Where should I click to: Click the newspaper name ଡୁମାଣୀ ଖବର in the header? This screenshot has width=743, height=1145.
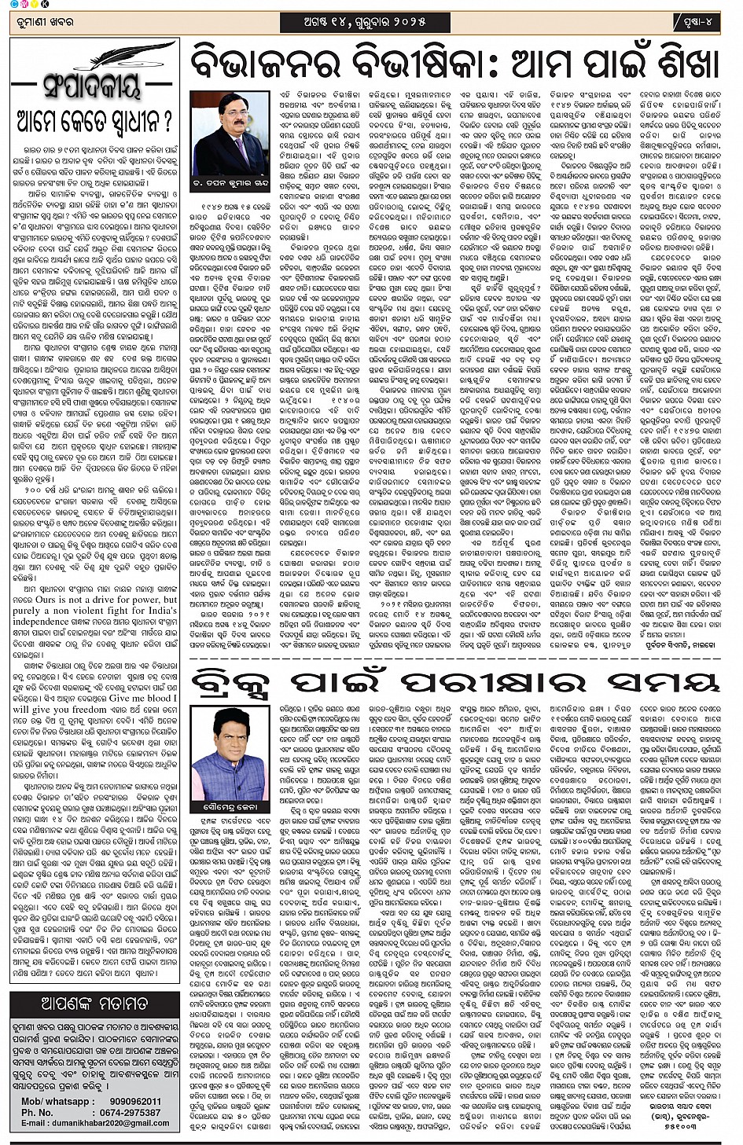tap(41, 22)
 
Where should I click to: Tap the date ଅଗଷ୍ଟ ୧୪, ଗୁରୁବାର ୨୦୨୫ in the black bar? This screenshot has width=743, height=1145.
tap(365, 22)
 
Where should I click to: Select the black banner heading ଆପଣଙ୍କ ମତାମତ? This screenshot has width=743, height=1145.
tap(94, 1004)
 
